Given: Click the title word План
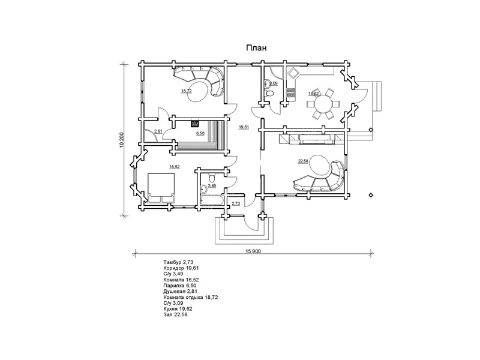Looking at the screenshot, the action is tap(256, 48).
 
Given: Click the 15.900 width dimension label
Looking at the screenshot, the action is tap(253, 251).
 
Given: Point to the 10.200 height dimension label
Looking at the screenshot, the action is tap(122, 140).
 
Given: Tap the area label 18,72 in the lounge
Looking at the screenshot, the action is tap(187, 91).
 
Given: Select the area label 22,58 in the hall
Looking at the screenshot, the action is tap(303, 161).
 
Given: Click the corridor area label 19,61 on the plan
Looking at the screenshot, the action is tap(244, 127).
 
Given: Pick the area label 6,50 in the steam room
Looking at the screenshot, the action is tap(200, 133).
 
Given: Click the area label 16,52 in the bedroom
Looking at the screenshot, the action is tap(174, 167).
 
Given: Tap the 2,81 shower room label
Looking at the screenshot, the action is tap(158, 131).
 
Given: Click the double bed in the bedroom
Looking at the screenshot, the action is tap(161, 188).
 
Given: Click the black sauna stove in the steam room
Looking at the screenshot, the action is tap(194, 124).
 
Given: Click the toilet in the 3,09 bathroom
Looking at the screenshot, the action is tap(269, 94).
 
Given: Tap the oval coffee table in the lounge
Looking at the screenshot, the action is tap(199, 91).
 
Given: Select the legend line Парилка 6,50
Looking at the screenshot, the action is tap(179, 286).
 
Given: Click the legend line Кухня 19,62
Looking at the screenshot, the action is tap(178, 309).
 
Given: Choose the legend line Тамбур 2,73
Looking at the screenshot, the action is tap(178, 262).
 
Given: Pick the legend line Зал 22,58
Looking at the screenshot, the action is tap(175, 314).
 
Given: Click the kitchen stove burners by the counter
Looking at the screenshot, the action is tap(290, 93).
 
